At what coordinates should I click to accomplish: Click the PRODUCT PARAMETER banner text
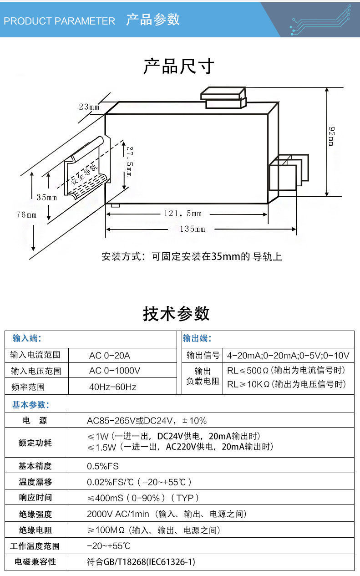tap(59, 21)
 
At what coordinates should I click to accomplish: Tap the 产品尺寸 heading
tap(179, 66)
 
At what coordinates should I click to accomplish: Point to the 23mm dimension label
tap(89, 107)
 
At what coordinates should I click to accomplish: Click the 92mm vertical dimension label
tap(332, 137)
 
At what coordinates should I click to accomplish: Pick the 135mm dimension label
tap(192, 229)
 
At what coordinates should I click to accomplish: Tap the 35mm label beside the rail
tap(46, 198)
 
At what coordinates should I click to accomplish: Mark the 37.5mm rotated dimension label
tap(129, 162)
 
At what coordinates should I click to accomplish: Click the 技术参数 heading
tap(177, 314)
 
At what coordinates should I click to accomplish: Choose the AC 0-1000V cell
tap(115, 371)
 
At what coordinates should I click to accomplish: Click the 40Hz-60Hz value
tap(112, 387)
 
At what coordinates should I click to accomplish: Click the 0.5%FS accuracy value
tap(102, 466)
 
